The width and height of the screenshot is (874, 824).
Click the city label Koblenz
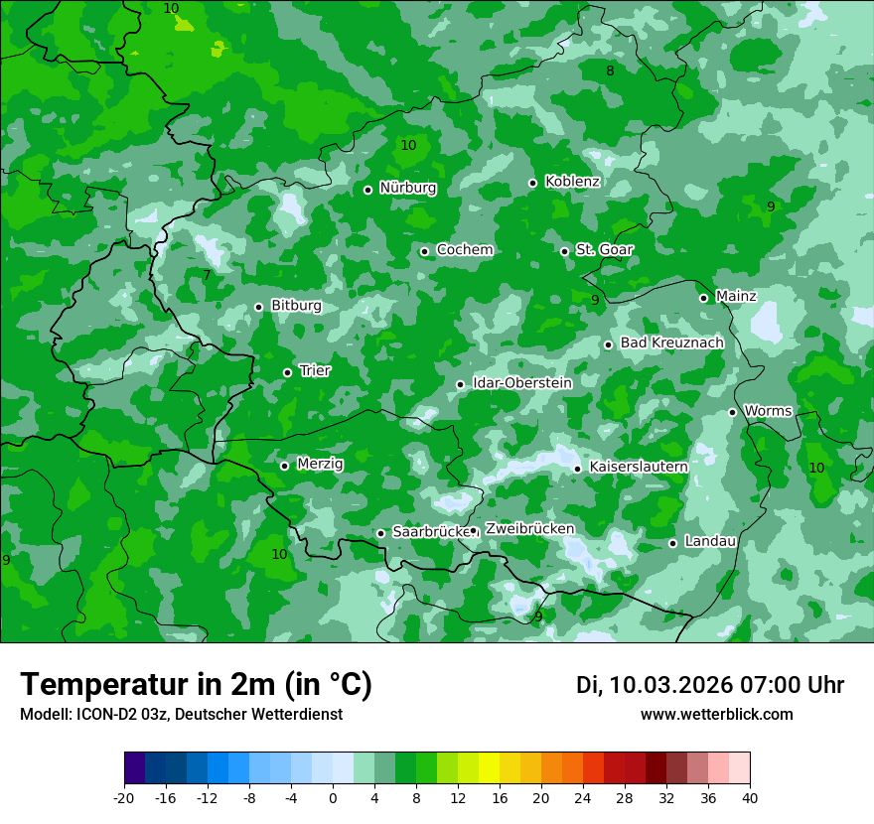(x=572, y=182)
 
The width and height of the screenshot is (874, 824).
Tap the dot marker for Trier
(x=288, y=372)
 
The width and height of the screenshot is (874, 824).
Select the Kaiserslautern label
(x=639, y=467)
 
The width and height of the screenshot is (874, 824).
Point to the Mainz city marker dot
(x=704, y=298)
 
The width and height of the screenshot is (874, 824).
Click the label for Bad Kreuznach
(x=671, y=343)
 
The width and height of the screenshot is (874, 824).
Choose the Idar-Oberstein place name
(x=521, y=383)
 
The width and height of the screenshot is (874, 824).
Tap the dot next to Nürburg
(x=368, y=190)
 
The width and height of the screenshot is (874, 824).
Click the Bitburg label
(x=296, y=306)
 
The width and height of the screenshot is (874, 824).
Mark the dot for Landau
(x=673, y=543)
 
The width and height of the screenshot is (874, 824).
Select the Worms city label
(x=768, y=411)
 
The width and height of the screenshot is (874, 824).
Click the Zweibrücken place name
(x=529, y=529)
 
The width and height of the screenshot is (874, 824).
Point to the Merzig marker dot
(x=285, y=466)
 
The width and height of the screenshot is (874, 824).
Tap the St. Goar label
(x=604, y=250)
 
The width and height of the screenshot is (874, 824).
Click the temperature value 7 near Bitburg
(x=207, y=275)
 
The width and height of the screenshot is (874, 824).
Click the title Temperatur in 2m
(x=196, y=684)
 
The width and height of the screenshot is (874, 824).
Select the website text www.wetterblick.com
(x=716, y=715)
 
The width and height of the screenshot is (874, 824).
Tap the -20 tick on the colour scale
(x=124, y=796)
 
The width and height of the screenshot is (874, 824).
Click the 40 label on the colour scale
(x=750, y=796)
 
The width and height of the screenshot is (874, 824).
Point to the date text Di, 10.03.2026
(x=655, y=685)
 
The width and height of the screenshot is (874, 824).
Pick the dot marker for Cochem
(x=425, y=251)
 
